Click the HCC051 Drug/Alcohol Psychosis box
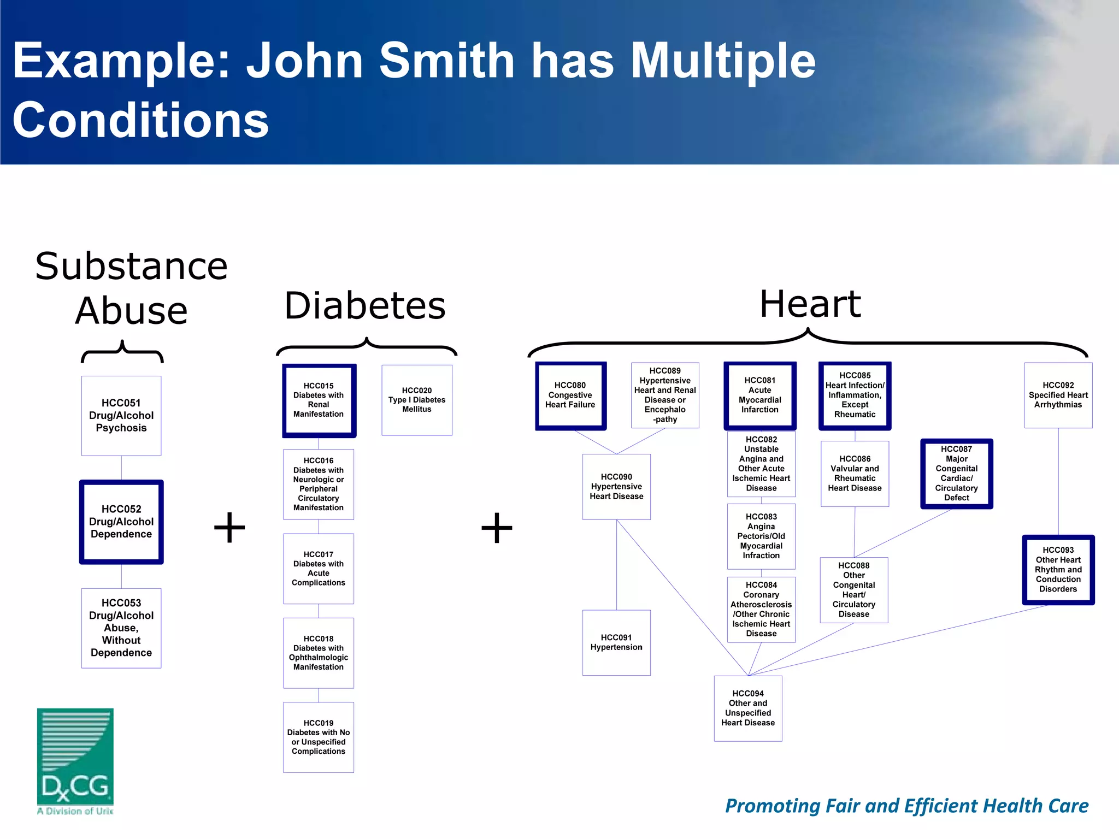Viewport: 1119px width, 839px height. (121, 416)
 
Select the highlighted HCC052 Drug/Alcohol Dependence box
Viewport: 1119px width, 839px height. (121, 522)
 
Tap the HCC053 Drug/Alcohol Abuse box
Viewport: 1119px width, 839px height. (121, 628)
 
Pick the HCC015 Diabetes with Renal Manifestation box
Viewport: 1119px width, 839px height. (319, 400)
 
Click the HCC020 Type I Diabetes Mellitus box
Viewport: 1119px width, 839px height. (417, 400)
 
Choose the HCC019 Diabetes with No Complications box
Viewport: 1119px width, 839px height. (319, 737)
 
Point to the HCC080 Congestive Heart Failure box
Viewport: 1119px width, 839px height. (570, 395)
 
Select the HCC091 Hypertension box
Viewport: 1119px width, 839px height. (616, 642)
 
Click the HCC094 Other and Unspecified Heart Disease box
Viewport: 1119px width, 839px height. (748, 708)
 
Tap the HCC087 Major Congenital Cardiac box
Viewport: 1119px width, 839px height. (956, 474)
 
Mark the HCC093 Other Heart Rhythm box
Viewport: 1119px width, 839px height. (1058, 570)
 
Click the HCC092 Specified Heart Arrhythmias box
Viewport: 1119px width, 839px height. (1058, 395)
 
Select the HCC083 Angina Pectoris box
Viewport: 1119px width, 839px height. (761, 536)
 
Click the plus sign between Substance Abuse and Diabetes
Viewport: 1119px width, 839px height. (229, 528)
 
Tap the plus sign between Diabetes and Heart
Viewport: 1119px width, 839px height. (497, 528)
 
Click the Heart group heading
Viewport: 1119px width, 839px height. (810, 304)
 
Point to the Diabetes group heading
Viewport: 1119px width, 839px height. (365, 306)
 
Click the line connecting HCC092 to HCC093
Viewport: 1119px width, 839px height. (1058, 481)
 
